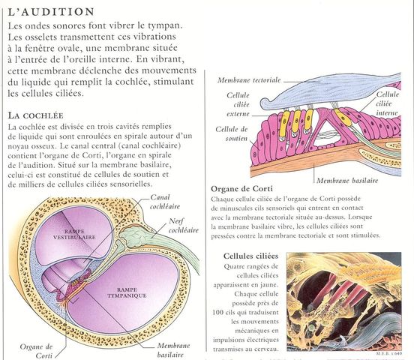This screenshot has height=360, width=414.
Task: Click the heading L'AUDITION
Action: coord(51,12)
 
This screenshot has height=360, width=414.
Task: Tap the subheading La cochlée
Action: coord(36,115)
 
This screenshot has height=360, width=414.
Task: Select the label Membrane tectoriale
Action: coord(249,80)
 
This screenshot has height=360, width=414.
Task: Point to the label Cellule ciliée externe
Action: coord(238,104)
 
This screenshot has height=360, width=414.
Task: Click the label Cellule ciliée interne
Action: coord(387,103)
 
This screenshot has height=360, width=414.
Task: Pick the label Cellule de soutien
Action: coord(232,133)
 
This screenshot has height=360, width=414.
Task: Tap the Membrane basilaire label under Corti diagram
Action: coord(347,181)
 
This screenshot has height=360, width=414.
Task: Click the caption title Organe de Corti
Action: coord(241,189)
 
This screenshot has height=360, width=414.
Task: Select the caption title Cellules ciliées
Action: coord(250,256)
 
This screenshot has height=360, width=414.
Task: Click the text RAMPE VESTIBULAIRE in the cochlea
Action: coord(74,235)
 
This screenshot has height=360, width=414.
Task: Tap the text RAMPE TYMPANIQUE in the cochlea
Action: coord(127,292)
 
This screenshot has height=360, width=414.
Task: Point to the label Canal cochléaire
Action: coord(165,202)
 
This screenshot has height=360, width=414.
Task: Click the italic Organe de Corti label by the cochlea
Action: coord(36,351)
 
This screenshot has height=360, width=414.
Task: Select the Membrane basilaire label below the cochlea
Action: coord(173,349)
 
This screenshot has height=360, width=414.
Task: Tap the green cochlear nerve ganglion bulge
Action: coord(134,235)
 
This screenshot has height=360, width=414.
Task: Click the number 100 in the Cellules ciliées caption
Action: coord(218,312)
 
